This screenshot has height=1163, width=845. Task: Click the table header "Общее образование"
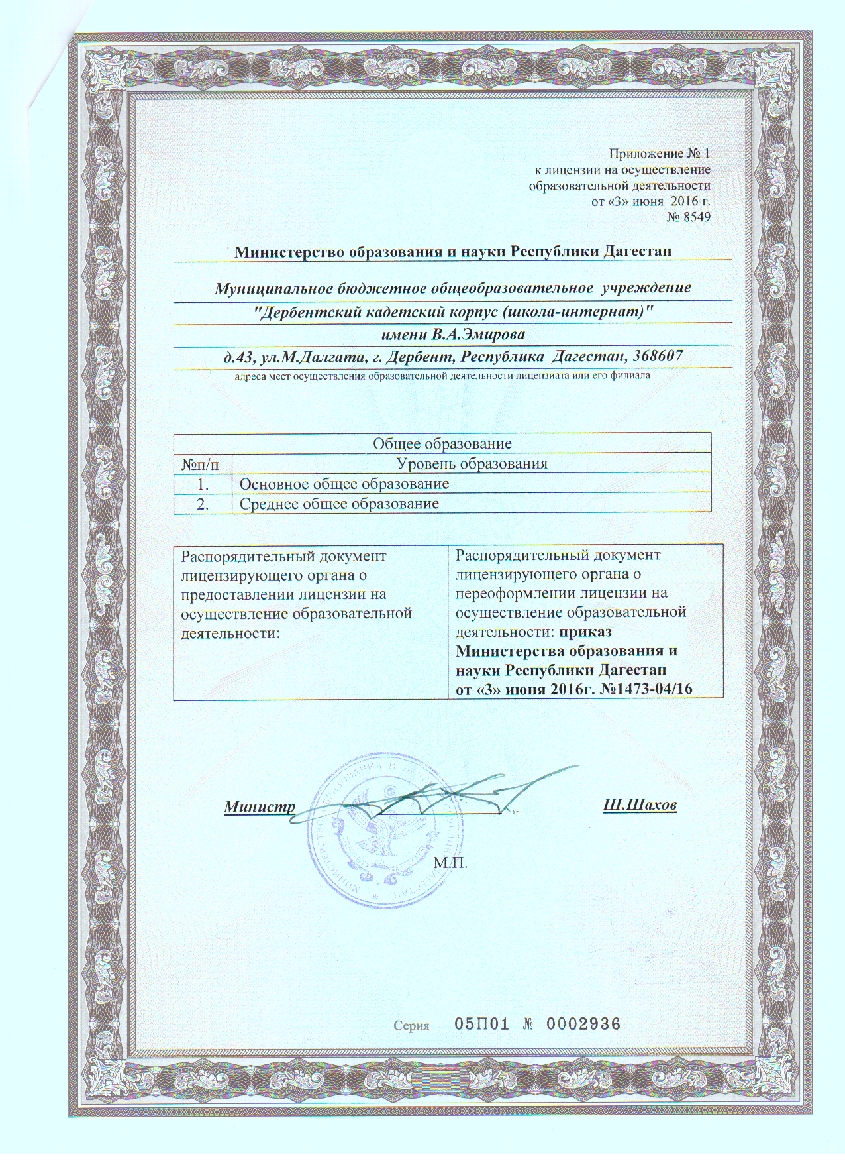(442, 443)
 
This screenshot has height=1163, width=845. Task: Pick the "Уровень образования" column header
(472, 463)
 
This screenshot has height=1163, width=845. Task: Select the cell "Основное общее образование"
(344, 484)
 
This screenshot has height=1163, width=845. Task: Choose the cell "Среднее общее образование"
(339, 504)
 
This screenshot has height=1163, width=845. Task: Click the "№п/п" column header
(203, 463)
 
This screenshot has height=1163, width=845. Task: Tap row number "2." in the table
(203, 504)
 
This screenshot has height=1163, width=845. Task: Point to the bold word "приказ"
(585, 631)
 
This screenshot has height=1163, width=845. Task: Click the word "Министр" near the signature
(259, 807)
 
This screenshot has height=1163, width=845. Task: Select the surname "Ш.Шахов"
(640, 806)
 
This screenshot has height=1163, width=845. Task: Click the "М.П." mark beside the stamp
(450, 863)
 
